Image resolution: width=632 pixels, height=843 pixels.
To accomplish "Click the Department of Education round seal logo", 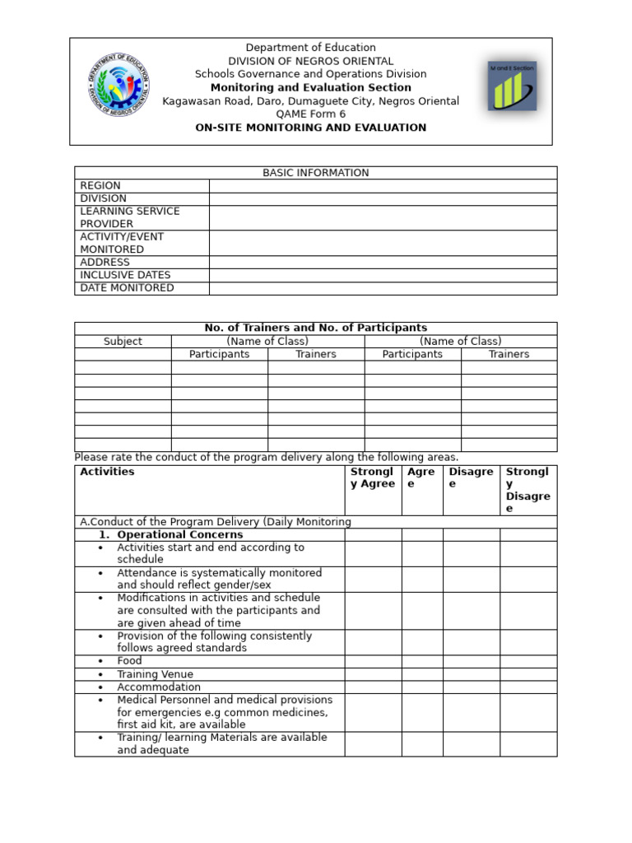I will [119, 85].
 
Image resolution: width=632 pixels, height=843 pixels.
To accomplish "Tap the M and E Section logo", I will [512, 86].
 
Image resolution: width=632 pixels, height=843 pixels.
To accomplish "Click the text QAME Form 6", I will [310, 114].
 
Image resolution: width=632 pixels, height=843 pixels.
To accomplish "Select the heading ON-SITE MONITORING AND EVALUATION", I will [310, 128].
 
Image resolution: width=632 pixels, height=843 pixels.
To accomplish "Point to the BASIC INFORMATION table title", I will [315, 173].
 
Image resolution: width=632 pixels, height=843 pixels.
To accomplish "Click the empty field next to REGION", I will [383, 186].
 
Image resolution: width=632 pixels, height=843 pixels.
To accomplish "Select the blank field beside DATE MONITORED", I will [383, 288].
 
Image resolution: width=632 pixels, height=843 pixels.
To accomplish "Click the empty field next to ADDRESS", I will [383, 263].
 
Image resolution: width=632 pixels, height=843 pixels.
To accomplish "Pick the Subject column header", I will [123, 342].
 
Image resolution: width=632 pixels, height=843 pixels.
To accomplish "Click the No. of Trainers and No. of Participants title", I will [315, 328].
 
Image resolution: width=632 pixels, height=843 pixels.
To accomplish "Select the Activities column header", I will [107, 472].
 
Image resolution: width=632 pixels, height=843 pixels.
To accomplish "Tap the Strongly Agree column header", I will [372, 477].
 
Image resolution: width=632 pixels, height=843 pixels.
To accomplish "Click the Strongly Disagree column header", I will [527, 490].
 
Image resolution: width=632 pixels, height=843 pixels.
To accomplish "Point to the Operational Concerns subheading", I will [179, 535].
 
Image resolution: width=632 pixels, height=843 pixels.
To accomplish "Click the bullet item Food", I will [129, 661].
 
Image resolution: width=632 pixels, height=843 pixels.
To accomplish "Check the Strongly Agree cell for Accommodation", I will [372, 687].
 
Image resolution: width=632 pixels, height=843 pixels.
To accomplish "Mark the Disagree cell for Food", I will [471, 661].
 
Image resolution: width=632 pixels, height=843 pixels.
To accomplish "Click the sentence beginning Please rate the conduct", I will [267, 458].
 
